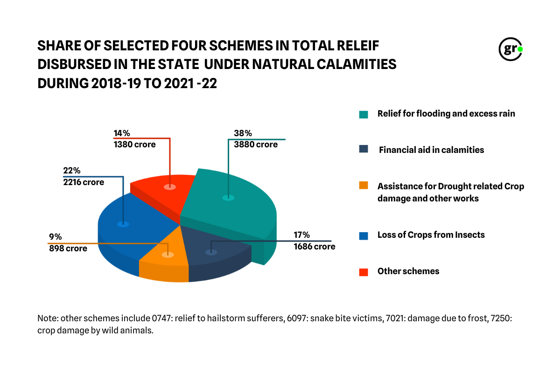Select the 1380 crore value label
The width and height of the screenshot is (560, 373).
pos(134,145)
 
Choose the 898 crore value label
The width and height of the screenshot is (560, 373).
pos(68,249)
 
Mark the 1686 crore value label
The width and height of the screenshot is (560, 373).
pos(314,246)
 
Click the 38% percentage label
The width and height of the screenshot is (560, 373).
pos(242,133)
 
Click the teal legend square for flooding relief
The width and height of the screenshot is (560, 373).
pos(364,114)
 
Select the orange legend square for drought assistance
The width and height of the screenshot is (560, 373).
pos(364,186)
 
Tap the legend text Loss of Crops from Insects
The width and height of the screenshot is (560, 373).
pos(431,235)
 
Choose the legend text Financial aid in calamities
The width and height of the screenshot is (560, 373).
pos(431,150)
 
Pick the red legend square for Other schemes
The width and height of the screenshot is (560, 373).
pos(364,272)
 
